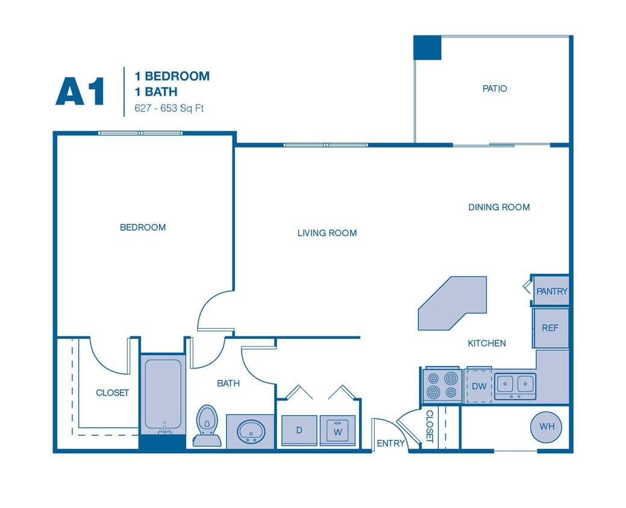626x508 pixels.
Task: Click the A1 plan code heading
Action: click(80, 91)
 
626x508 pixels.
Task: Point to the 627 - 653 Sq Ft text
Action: click(169, 110)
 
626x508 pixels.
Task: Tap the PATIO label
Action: click(495, 88)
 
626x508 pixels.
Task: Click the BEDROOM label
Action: click(143, 228)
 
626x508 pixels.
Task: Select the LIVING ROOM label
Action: click(327, 233)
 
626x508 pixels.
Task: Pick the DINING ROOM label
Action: click(499, 207)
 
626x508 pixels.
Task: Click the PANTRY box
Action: click(551, 291)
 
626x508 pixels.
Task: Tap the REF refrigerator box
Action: click(550, 328)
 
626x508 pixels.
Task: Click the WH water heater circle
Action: click(546, 427)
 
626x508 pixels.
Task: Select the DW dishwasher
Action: click(479, 386)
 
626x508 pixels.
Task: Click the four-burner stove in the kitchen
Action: click(442, 386)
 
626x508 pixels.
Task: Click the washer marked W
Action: click(337, 430)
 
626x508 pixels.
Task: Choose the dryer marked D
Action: click(299, 430)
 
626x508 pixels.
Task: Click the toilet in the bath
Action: click(207, 424)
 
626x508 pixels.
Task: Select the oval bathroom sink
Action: click(249, 430)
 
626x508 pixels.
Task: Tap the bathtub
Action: click(163, 394)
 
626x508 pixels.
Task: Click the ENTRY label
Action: click(390, 444)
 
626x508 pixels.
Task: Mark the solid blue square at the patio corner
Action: click(427, 48)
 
